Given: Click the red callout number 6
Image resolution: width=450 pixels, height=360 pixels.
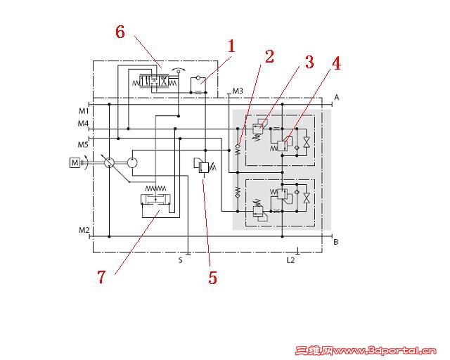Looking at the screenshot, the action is pos(120,32).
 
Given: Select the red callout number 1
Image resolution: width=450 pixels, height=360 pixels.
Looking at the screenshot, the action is pos(231,46).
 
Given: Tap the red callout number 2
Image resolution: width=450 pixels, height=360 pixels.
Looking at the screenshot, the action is pos(269,56).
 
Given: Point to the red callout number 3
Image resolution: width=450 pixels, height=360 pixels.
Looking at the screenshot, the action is pos(309,62).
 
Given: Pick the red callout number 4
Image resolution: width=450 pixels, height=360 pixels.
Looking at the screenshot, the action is pos(336,63).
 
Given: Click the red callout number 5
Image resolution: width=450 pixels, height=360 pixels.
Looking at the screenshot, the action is pos(212,278).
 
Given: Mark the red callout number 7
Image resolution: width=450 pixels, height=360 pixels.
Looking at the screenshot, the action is pos(101,277).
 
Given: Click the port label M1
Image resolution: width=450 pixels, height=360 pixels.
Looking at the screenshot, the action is pos(84,111).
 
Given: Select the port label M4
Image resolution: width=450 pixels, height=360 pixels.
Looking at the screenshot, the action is pos(83,124).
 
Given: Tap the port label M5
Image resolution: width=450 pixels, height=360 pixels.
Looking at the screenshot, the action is pos(83,145).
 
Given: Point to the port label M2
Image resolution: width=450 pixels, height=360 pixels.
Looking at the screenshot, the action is pos(84,230).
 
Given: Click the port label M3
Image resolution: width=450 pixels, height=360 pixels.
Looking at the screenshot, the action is pos(238,91).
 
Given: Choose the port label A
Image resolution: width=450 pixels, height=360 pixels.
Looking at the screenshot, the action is pos(337,98).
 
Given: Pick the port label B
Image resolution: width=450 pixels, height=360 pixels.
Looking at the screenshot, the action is pos(336,242).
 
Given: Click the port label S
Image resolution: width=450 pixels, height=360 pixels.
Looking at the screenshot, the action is pos(180,260).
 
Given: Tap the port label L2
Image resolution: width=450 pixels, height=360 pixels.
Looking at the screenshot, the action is pos(290,260).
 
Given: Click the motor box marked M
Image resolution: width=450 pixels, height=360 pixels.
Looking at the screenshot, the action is pos(75,163).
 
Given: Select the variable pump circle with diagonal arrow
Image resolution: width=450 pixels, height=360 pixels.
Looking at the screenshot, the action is pos(110,163).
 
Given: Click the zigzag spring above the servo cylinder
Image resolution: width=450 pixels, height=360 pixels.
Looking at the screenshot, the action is pos(155,188).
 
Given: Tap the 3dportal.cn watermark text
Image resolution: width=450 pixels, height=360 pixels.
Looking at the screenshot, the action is pos(366,351).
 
